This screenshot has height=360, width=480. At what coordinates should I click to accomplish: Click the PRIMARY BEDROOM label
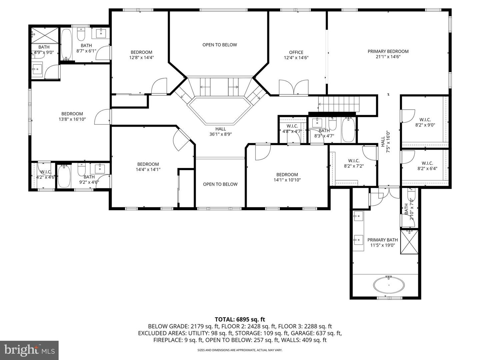[x=388, y=51]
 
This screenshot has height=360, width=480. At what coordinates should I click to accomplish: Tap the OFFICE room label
[x=296, y=52]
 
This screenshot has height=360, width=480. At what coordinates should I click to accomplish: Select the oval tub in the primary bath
[x=389, y=285]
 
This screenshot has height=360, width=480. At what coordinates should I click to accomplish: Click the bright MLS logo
[x=29, y=350]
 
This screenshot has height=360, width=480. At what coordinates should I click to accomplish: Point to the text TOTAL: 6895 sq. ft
[x=240, y=319]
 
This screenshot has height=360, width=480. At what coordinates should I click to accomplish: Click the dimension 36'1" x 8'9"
[x=220, y=134]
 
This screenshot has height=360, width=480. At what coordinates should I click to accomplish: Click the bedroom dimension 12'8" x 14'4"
[x=141, y=57]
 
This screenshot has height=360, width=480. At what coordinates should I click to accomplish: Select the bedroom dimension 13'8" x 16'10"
[x=72, y=119]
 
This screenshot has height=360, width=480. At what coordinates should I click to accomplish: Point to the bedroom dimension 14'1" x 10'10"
[x=287, y=180]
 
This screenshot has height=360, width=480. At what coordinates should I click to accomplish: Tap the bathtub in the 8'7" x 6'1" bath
[x=66, y=44]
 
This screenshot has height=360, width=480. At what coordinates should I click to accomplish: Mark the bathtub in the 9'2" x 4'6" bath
[x=64, y=176]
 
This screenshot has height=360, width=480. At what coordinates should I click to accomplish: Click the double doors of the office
[x=294, y=87]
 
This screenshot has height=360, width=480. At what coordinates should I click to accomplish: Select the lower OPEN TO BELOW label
[x=220, y=184]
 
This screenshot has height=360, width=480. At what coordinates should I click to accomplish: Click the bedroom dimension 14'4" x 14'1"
[x=148, y=169]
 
